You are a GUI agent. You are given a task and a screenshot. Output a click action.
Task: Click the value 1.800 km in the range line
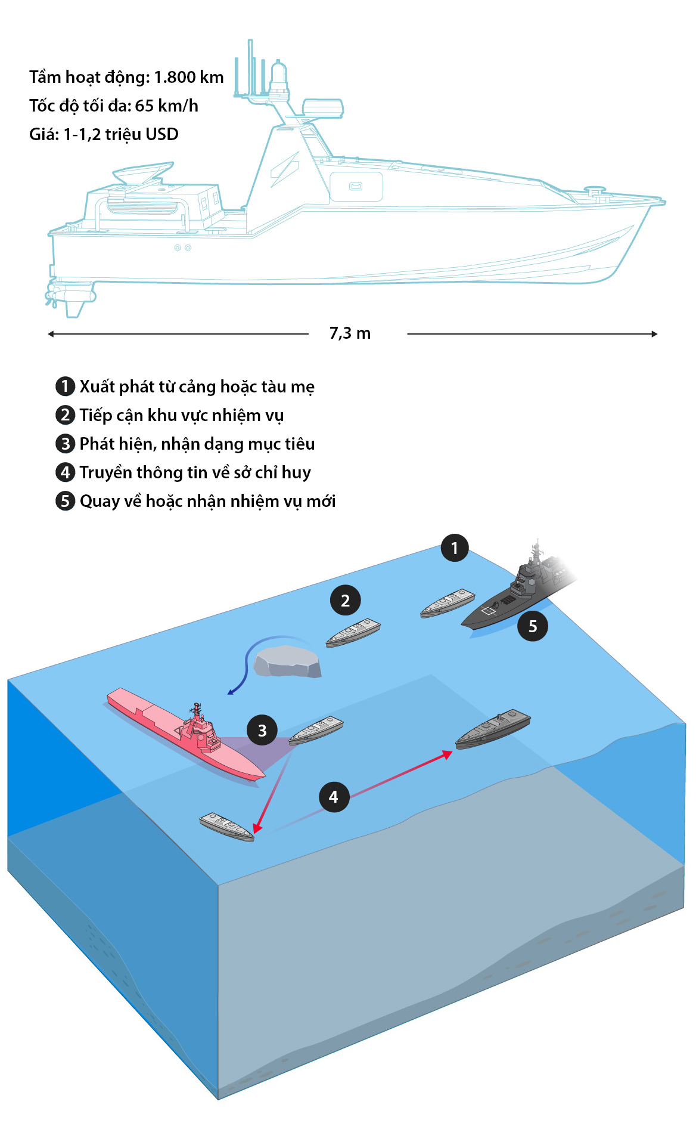point(189,78)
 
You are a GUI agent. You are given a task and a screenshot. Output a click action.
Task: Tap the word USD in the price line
point(161,134)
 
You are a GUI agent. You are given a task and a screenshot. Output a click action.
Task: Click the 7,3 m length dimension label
point(350,333)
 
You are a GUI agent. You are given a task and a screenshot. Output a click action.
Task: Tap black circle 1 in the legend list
point(65,386)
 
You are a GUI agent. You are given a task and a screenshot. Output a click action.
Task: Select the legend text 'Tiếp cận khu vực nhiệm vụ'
point(182,416)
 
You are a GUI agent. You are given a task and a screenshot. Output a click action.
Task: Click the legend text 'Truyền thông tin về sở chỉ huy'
point(195,472)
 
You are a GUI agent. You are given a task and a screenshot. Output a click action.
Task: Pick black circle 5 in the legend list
point(65,501)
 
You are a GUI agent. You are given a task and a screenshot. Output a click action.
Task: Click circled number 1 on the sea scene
point(455,548)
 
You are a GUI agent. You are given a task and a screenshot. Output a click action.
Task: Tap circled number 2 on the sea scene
point(346,601)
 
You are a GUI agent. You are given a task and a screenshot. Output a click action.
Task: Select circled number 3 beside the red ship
point(262,731)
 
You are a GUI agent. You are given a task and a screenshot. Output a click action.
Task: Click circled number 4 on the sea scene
point(334,797)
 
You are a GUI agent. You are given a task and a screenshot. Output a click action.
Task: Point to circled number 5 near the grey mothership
point(533,626)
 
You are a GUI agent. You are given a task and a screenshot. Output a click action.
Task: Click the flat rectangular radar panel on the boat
point(323,108)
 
